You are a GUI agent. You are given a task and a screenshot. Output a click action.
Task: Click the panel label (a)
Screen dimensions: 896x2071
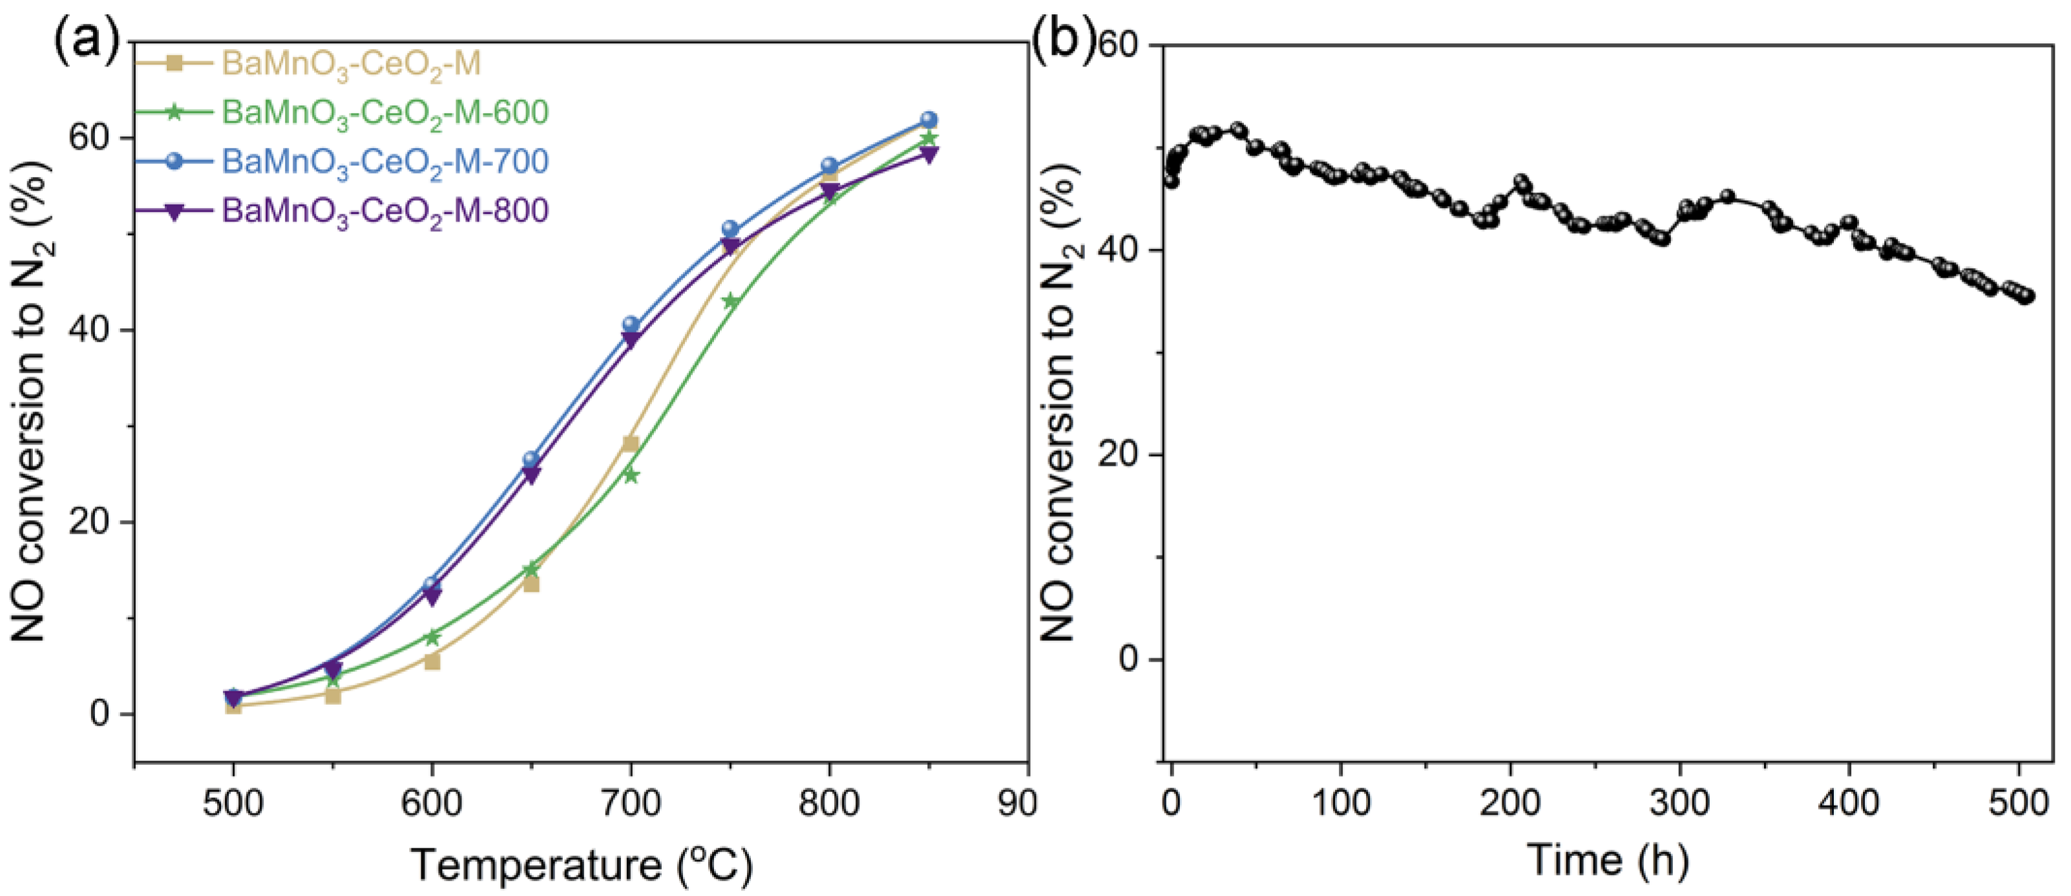pyautogui.click(x=87, y=43)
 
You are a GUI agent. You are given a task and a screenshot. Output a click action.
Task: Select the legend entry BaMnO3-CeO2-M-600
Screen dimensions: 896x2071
pyautogui.click(x=385, y=112)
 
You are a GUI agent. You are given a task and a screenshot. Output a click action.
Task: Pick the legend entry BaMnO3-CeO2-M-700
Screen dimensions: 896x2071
pyautogui.click(x=385, y=161)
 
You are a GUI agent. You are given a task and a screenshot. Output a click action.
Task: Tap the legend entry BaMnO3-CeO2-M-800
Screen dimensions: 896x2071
pyautogui.click(x=385, y=211)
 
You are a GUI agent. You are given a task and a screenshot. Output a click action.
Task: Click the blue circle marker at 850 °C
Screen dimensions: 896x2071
pyautogui.click(x=929, y=120)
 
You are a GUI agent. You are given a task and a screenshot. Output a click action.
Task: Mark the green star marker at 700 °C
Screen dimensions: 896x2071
pyautogui.click(x=630, y=475)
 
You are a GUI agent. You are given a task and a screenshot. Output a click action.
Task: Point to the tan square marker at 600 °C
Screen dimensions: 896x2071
pyautogui.click(x=432, y=662)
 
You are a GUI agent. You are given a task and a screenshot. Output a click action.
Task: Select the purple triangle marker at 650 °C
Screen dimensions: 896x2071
pyautogui.click(x=531, y=475)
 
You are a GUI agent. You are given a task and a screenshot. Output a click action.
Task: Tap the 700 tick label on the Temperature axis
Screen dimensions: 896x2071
pyautogui.click(x=630, y=804)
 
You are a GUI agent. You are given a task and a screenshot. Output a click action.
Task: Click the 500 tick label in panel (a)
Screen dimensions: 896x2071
pyautogui.click(x=233, y=804)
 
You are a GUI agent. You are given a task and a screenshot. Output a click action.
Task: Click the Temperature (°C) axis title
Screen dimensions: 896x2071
pyautogui.click(x=582, y=866)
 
